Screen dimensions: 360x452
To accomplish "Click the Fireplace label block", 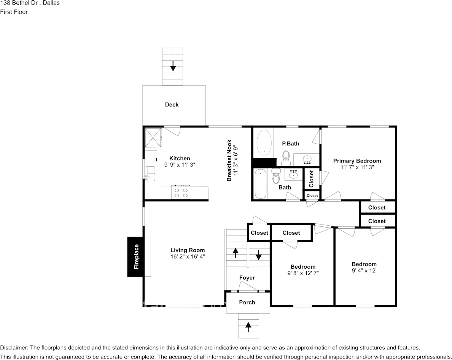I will point(136,256).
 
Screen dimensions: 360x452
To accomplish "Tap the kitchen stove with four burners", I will point(181,193).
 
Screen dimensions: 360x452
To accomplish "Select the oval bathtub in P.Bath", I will point(264,143).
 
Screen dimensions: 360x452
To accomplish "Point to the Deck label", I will point(172,105).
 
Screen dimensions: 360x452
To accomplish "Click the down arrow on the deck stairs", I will point(173,66).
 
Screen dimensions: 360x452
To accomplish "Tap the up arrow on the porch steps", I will point(248,325).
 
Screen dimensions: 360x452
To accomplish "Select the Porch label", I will point(247,302).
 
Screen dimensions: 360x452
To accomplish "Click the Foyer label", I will point(247,278).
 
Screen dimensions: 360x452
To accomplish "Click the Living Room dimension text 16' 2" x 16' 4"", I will point(188,256).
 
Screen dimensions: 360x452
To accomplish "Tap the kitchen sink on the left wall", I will point(150,172).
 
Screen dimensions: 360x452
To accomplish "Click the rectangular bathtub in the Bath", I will point(260,184).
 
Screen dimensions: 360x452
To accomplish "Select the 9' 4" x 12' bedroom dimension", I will point(364,271).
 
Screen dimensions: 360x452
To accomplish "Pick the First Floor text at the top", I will point(14,12).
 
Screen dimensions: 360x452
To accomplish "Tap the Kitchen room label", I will point(180,158).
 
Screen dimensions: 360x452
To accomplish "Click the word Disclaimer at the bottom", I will point(14,348).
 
